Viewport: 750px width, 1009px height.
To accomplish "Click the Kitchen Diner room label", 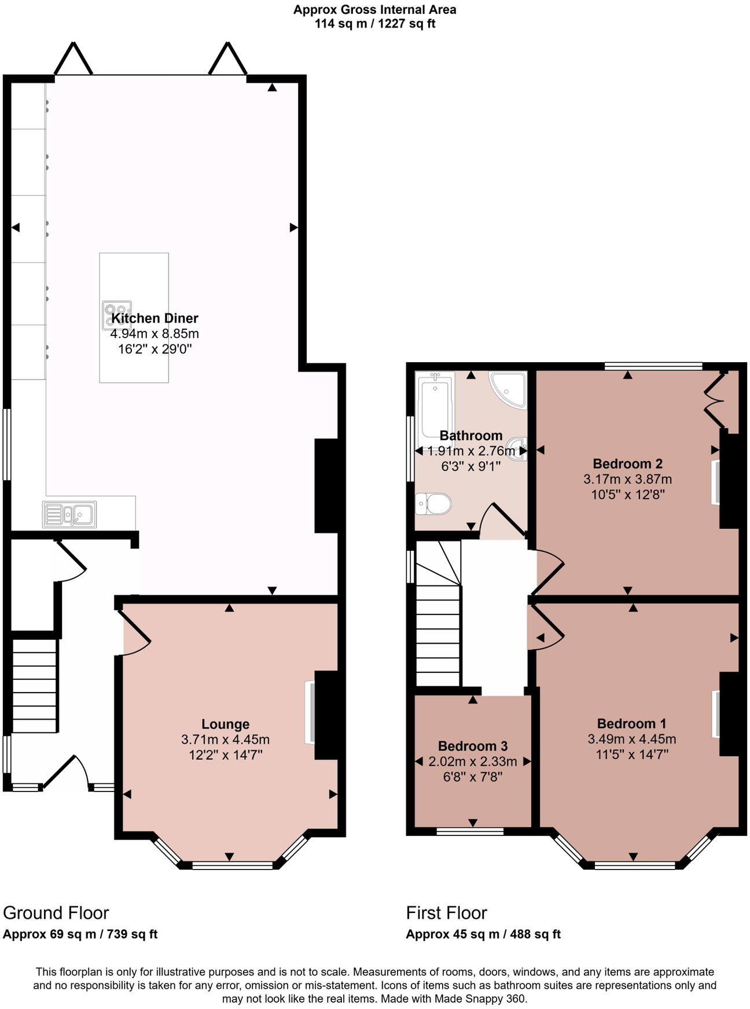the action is tap(155, 318).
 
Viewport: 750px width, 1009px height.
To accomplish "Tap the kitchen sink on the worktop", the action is tap(69, 514).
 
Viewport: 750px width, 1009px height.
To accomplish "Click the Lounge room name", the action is tap(226, 724).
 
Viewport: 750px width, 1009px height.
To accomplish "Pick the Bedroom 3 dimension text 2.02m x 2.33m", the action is tap(473, 761).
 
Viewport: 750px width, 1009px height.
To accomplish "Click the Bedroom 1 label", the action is tap(632, 723).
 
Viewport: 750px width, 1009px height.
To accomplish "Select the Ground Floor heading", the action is tap(56, 912).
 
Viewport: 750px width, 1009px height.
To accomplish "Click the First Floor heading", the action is tap(447, 912).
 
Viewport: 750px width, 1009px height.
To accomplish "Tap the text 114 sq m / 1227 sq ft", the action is tap(375, 24).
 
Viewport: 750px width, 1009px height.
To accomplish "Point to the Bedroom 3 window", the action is tap(470, 831).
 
